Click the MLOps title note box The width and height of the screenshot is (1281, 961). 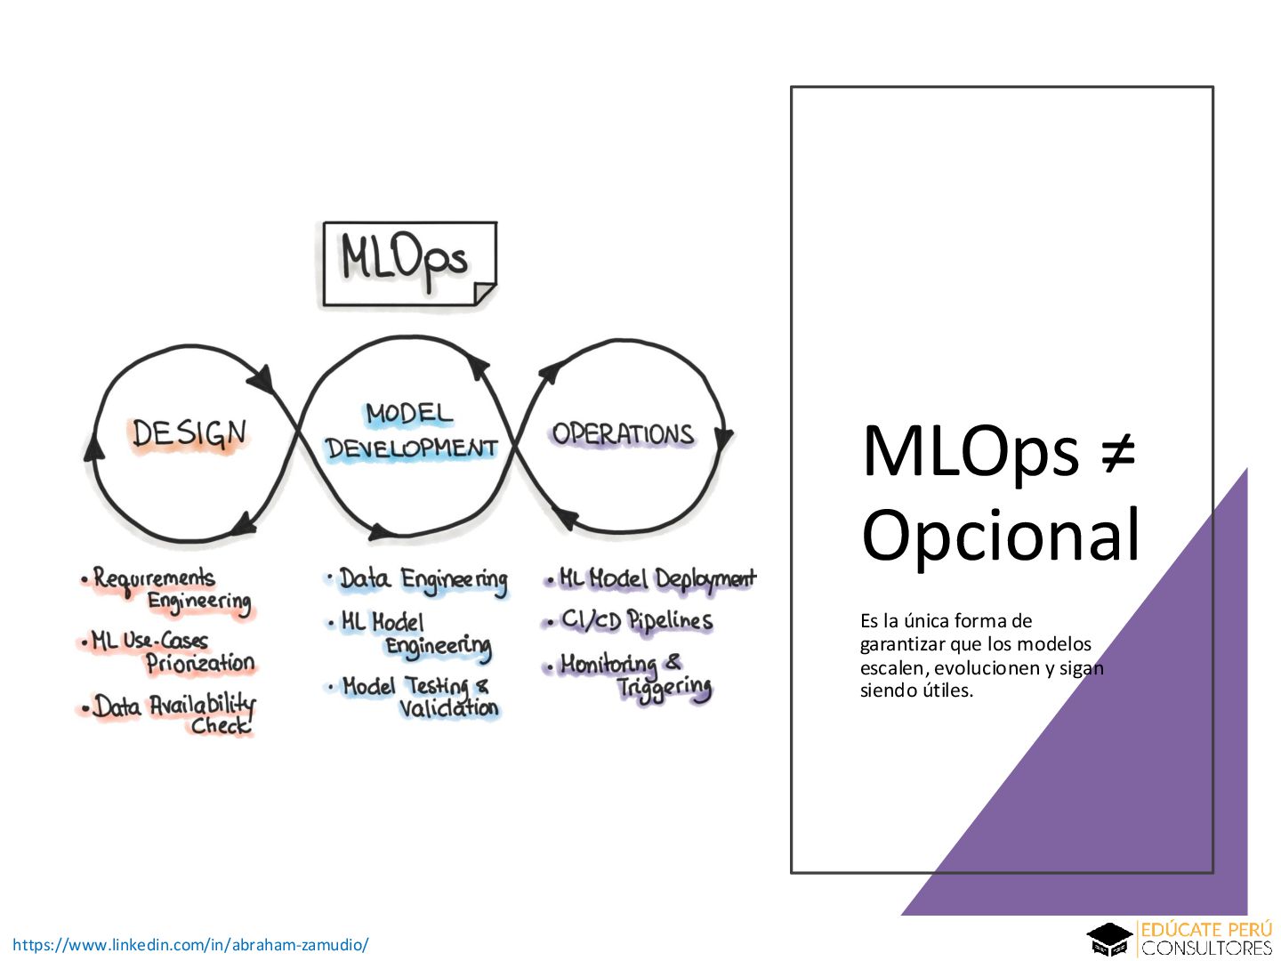click(408, 263)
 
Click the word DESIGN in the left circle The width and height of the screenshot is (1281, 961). click(189, 433)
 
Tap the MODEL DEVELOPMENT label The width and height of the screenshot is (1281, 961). click(410, 432)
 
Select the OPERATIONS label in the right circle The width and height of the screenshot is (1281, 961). click(622, 433)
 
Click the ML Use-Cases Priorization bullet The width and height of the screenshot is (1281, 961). click(169, 651)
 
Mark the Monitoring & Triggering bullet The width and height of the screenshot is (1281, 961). click(631, 674)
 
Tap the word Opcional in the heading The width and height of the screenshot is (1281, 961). click(1001, 536)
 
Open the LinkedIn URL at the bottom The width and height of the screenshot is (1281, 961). click(190, 945)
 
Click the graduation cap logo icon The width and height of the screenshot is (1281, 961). click(1109, 940)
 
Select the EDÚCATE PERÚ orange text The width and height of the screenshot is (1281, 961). click(1206, 930)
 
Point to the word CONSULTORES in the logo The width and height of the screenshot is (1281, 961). click(1206, 949)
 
